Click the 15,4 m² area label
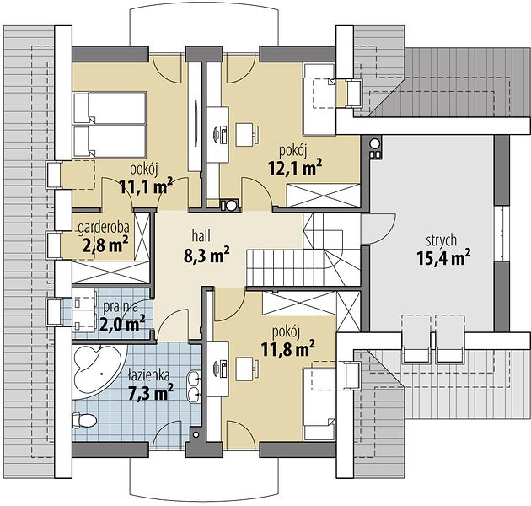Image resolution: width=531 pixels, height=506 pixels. tap(443, 258)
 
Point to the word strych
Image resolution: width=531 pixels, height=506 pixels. tap(442, 240)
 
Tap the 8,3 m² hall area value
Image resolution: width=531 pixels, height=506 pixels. tap(206, 256)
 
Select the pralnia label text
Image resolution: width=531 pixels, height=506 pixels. tap(121, 306)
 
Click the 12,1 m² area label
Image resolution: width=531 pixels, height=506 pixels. tap(295, 168)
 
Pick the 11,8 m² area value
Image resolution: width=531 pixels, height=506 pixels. tap(288, 349)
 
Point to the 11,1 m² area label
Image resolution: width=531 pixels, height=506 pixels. tap(147, 186)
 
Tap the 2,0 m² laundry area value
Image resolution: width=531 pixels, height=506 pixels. tap(122, 324)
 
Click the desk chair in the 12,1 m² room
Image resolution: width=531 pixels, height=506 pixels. tap(247, 135)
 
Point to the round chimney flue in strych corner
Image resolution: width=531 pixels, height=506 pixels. tap(374, 143)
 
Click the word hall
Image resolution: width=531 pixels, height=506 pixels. tap(201, 236)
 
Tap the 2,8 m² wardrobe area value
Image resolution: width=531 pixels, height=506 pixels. tap(105, 245)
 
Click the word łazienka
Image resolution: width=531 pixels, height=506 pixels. tap(149, 375)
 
